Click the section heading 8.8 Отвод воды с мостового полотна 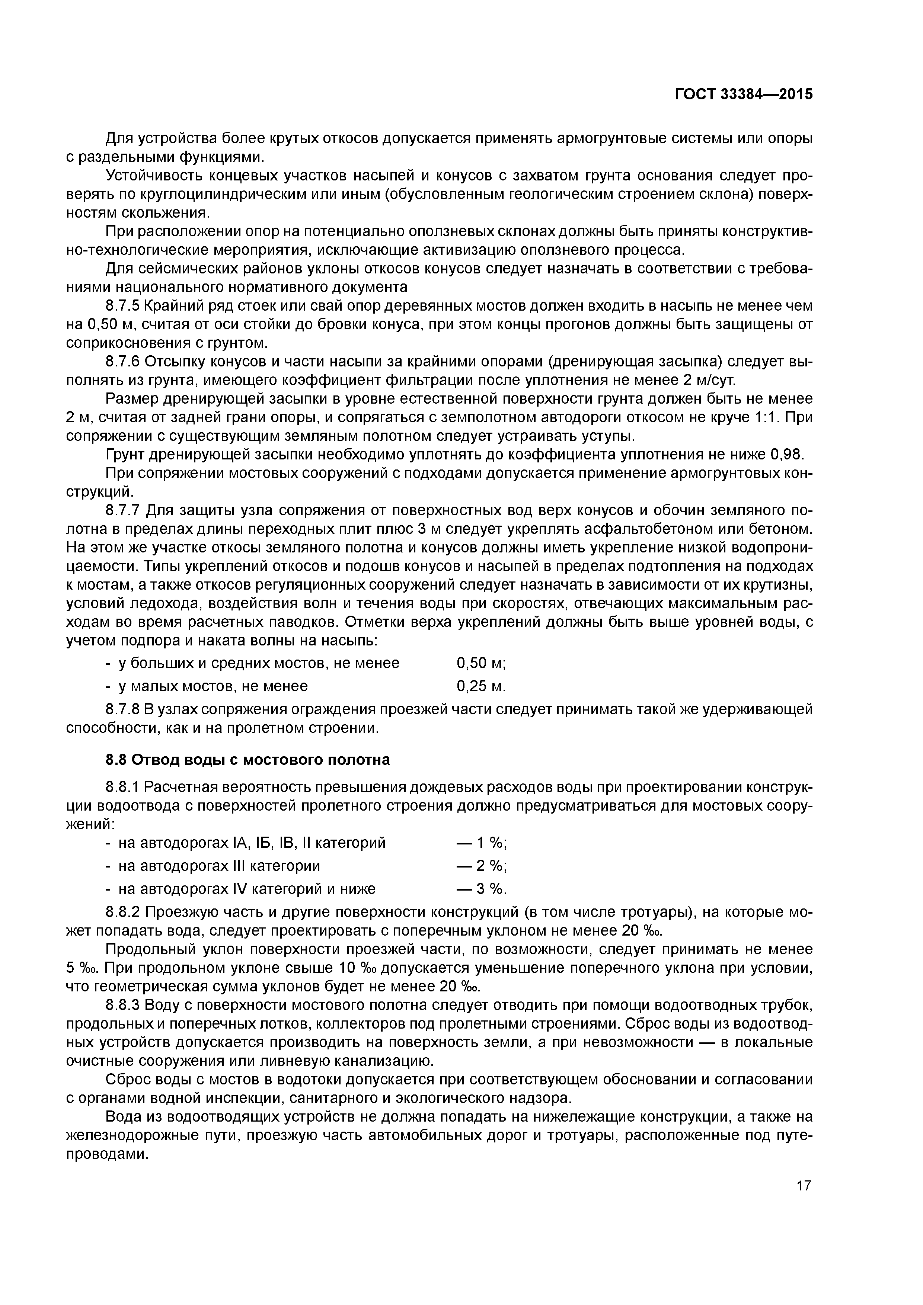(x=247, y=760)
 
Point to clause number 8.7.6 (x=122, y=362)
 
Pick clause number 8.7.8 (x=122, y=710)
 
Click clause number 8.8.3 (x=122, y=1006)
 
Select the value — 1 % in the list (x=481, y=843)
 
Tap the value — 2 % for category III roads (x=481, y=866)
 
